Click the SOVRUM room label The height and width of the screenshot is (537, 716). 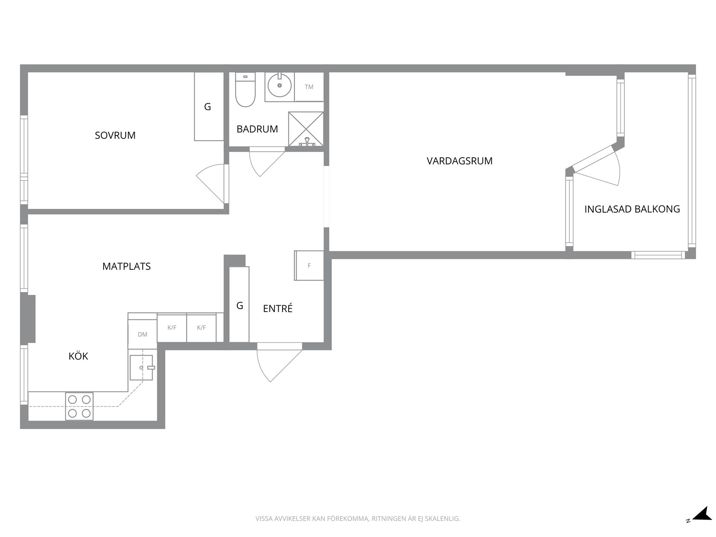115,135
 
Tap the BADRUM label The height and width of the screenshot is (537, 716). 257,129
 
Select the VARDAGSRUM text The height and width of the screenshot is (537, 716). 459,161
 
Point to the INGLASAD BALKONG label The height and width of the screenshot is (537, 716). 632,209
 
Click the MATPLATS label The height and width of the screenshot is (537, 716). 127,266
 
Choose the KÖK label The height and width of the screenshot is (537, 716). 78,356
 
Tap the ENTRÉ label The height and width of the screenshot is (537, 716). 277,308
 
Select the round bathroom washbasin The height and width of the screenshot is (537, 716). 280,85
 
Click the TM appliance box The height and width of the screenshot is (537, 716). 309,87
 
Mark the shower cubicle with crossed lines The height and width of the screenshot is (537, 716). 306,129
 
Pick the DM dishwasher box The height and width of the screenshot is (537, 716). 142,334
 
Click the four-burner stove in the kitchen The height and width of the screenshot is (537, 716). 79,406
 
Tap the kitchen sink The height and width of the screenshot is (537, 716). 141,367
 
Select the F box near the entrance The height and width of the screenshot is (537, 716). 309,266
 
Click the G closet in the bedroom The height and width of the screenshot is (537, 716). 209,106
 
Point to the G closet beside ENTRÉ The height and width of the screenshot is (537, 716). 239,305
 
